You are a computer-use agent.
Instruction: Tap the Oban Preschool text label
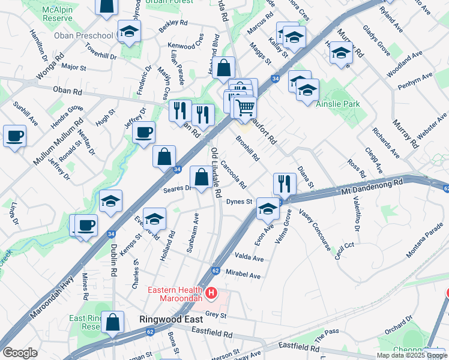[83, 35]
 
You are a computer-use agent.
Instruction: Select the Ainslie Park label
[338, 104]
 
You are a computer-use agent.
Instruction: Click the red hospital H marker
[211, 293]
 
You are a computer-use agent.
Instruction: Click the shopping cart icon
[244, 108]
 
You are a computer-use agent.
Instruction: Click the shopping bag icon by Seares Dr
[200, 177]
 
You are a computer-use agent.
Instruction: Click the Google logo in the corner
[20, 353]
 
